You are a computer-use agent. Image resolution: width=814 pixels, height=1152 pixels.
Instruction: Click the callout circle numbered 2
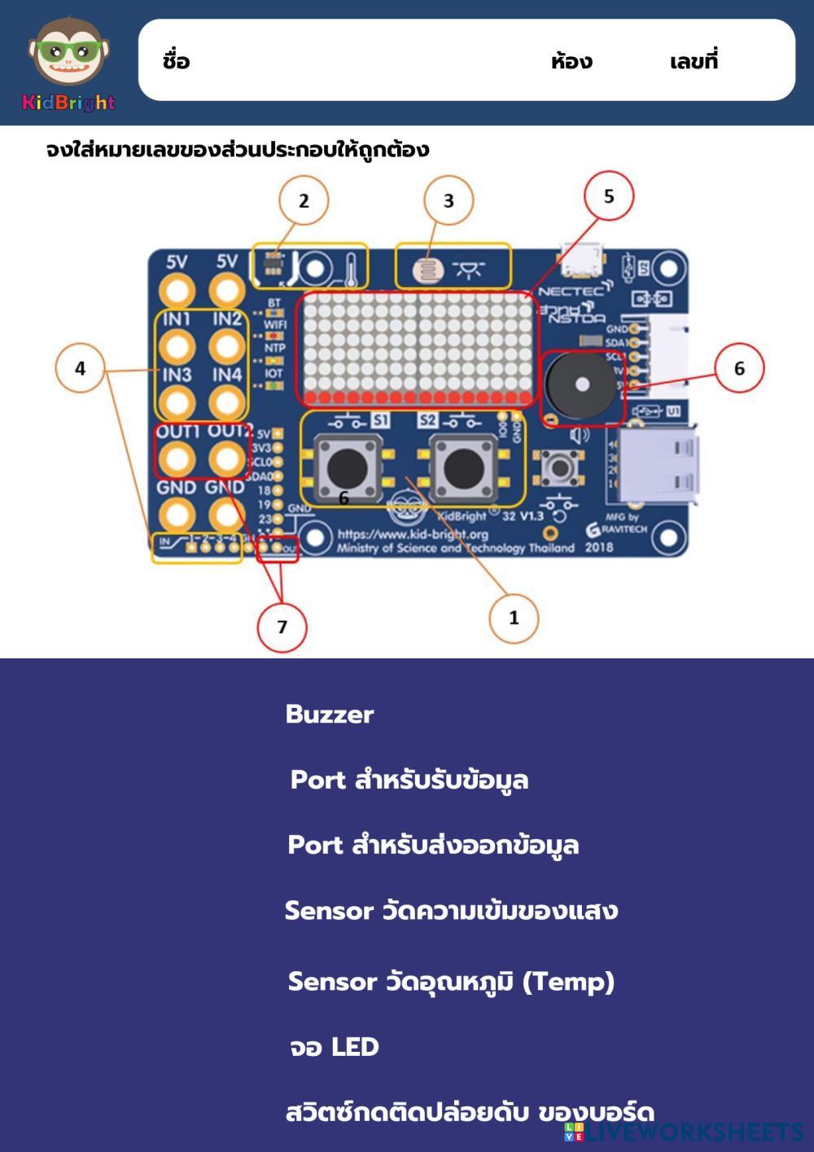(x=304, y=200)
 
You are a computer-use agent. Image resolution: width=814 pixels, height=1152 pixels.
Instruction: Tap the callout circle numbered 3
(x=449, y=200)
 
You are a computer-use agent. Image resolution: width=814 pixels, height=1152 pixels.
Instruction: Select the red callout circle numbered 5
(x=609, y=196)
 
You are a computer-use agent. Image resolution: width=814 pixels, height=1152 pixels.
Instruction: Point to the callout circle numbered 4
(x=80, y=368)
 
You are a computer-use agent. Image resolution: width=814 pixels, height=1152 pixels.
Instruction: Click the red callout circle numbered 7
(x=282, y=627)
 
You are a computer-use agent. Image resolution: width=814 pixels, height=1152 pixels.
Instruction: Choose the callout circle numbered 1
(x=514, y=618)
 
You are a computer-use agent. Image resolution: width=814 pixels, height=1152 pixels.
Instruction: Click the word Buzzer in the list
(x=330, y=715)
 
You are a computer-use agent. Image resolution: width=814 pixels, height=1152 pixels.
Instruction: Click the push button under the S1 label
(x=348, y=468)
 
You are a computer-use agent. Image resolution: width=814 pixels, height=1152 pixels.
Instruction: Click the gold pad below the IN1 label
(x=176, y=346)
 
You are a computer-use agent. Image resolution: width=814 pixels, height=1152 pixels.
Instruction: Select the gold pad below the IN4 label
(x=227, y=402)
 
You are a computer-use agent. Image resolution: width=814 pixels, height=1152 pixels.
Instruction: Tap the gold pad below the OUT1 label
(x=176, y=459)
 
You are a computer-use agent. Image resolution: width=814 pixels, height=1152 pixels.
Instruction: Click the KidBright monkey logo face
(x=68, y=53)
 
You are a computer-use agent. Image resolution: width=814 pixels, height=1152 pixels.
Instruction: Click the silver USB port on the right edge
(x=656, y=464)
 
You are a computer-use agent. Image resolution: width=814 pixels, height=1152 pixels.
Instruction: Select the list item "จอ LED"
(x=335, y=1047)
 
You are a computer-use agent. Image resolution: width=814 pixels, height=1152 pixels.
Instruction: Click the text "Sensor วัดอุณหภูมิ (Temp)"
(x=451, y=982)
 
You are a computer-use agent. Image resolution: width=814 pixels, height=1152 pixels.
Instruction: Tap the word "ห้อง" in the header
(x=571, y=61)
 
